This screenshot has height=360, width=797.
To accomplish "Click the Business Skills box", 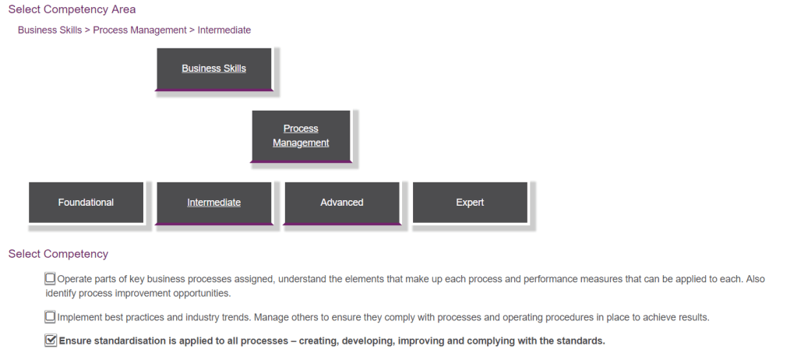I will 213,69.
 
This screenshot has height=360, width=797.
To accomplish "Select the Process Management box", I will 301,136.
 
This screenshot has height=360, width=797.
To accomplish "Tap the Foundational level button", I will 86,203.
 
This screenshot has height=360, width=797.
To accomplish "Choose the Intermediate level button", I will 213,203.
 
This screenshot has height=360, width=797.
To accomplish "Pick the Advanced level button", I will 341,203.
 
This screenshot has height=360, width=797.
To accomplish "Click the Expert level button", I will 470,203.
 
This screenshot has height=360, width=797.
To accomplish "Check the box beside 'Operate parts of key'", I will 51,278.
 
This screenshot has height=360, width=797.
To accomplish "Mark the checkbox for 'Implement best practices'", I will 51,317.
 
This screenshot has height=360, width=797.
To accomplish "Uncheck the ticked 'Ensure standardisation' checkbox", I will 51,341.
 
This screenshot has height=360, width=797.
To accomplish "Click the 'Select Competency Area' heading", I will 72,9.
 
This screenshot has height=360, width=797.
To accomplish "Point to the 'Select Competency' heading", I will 58,254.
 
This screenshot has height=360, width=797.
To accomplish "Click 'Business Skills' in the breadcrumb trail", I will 49,30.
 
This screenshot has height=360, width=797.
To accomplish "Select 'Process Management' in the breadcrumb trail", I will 139,30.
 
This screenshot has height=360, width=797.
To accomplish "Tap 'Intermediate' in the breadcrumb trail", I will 224,30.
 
